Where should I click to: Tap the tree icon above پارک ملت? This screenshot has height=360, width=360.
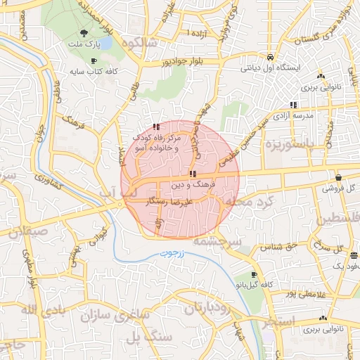(84, 33)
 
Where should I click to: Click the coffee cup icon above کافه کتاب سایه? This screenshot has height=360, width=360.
(94, 61)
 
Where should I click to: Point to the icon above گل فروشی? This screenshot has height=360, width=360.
(339, 178)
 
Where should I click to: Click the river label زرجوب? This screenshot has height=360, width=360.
(170, 252)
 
